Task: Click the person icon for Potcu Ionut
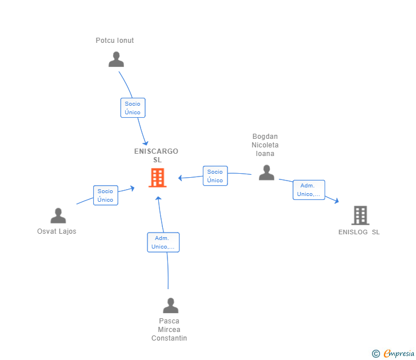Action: [x=116, y=59]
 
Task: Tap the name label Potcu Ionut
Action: [x=115, y=41]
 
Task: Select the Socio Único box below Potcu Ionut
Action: [x=133, y=108]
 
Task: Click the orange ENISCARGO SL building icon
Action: [x=157, y=178]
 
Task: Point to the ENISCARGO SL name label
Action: [x=156, y=155]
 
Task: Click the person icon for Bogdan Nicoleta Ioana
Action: [x=266, y=173]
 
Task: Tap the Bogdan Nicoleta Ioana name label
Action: [x=265, y=145]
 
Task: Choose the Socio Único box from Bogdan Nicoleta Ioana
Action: [x=215, y=176]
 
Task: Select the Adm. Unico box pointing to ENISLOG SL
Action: [x=309, y=190]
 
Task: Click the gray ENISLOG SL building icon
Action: [x=360, y=215]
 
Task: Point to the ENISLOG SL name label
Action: [x=359, y=232]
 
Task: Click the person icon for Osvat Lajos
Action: [x=58, y=215]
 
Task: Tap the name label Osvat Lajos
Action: [x=57, y=231]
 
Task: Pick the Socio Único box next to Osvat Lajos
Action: [x=105, y=195]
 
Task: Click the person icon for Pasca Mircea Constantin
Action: [x=170, y=306]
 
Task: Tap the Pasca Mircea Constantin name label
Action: [x=169, y=330]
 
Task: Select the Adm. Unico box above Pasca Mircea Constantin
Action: [x=163, y=242]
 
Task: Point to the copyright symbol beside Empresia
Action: [x=375, y=354]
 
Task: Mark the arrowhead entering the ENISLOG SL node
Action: [x=337, y=201]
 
